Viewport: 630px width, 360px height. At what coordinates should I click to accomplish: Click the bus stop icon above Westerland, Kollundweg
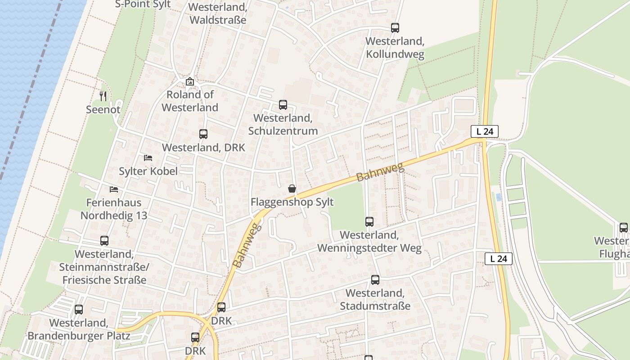coord(395,28)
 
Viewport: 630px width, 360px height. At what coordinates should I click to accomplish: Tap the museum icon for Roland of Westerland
coord(190,82)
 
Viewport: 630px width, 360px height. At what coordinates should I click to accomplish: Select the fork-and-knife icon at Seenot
coord(103,96)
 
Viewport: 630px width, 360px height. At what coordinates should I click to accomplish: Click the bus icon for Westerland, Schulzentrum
coord(283,105)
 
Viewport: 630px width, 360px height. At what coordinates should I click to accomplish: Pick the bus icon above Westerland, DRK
coord(203,134)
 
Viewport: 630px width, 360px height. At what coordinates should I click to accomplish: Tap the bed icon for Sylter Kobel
coord(148,158)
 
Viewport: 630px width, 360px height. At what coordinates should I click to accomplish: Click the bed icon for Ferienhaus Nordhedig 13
coord(114,189)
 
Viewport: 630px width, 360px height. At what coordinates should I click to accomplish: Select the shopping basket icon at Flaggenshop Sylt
coord(292,189)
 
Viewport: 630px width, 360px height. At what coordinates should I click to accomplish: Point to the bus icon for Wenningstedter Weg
coord(369,221)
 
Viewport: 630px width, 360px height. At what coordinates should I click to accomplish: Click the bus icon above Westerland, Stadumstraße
coord(375,280)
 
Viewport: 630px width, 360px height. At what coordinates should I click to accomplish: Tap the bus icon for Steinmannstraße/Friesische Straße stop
coord(104,241)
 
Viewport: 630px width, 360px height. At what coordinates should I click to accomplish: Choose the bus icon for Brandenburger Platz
coord(79,310)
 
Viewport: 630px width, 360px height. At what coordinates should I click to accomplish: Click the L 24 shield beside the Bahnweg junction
coord(484,131)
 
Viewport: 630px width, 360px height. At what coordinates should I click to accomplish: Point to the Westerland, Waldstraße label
coord(218,14)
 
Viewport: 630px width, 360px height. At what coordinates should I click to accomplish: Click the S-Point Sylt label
coord(143,4)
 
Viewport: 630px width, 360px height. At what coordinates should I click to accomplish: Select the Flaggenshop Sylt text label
coord(292,202)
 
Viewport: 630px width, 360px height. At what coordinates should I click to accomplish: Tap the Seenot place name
coord(103,109)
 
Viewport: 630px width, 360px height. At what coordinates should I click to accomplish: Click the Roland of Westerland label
coord(190,101)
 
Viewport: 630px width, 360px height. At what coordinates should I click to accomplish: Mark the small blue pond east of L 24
coord(498,197)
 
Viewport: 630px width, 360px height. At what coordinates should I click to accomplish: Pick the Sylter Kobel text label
coord(148,171)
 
